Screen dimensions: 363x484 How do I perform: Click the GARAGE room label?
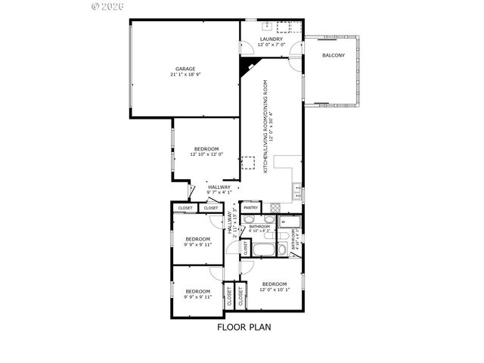pyautogui.click(x=185, y=69)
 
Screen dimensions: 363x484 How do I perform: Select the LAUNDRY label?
pyautogui.click(x=271, y=39)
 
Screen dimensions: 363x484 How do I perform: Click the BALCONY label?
pyautogui.click(x=334, y=56)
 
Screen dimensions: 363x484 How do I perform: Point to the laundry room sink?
pyautogui.click(x=285, y=28)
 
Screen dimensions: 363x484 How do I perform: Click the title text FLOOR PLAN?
pyautogui.click(x=244, y=327)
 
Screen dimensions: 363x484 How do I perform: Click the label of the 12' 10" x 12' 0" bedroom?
pyautogui.click(x=206, y=148)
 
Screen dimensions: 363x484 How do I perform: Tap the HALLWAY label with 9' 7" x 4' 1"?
pyautogui.click(x=219, y=187)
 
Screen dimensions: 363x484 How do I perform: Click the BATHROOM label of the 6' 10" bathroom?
pyautogui.click(x=260, y=226)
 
